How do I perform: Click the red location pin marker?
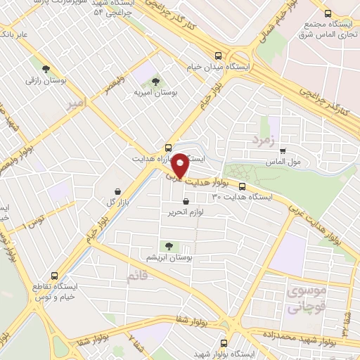[x=180, y=165]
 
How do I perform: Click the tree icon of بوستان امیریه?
[x=155, y=82]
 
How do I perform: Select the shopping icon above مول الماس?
[x=283, y=150]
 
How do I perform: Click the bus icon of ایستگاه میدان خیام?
[x=219, y=55]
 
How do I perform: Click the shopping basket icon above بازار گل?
[x=117, y=191]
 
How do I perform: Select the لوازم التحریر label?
[x=186, y=212]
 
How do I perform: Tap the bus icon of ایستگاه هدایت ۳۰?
[x=243, y=186]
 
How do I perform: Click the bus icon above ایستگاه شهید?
[x=224, y=343]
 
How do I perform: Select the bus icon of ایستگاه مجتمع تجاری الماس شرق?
[x=328, y=13]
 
